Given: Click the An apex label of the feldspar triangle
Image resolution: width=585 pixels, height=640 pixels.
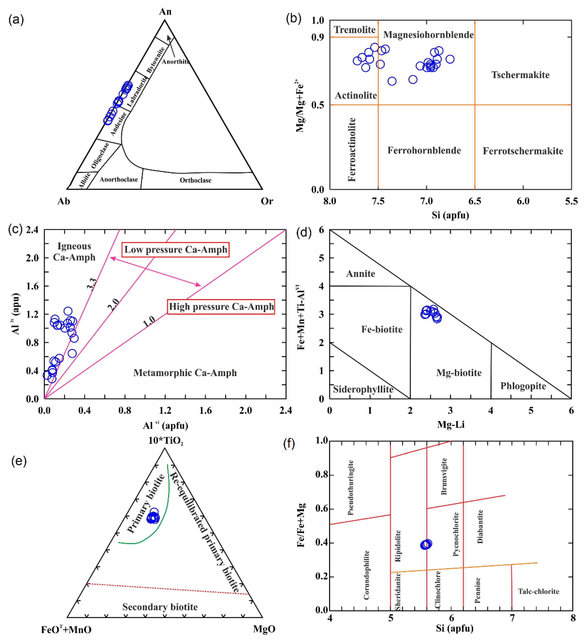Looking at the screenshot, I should click(165, 12).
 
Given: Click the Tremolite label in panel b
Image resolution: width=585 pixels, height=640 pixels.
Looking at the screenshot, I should click(355, 30).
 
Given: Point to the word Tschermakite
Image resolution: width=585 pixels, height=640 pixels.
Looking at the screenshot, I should click(520, 75).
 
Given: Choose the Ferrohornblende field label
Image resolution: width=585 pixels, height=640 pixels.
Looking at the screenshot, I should click(424, 150).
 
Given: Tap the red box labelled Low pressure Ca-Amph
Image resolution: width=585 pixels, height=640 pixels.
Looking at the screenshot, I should click(175, 250).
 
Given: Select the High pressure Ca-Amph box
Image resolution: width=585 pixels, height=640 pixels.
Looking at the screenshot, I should click(221, 307).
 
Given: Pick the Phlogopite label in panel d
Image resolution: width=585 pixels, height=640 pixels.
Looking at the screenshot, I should click(523, 386).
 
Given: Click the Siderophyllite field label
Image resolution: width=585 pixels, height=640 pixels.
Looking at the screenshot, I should click(363, 389).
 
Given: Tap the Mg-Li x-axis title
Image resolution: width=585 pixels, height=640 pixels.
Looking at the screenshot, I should click(451, 425).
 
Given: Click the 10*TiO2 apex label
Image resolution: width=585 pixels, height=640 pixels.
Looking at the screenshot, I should click(166, 441).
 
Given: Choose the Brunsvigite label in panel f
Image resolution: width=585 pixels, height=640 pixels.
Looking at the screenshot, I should click(444, 476).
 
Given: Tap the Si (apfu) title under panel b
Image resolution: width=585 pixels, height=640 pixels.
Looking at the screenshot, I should click(450, 215).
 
